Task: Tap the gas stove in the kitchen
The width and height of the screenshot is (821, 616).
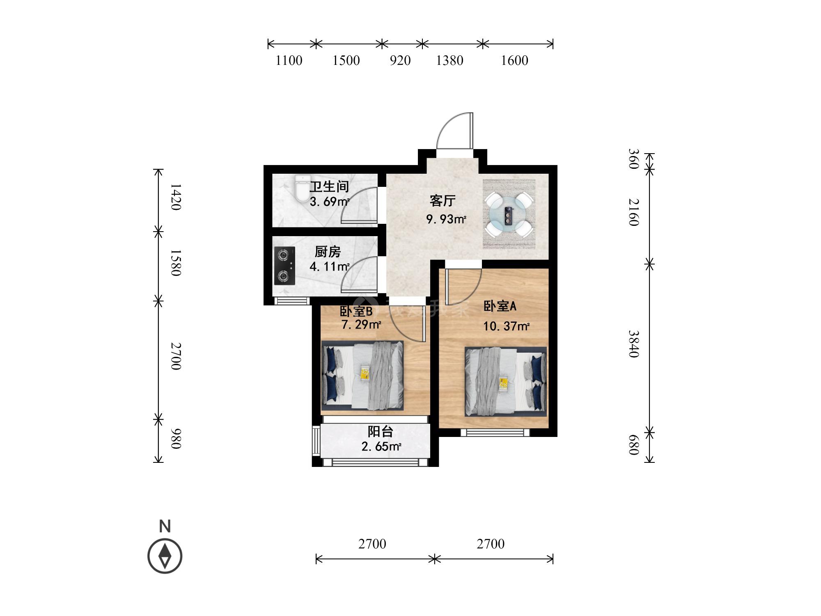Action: coord(284,266)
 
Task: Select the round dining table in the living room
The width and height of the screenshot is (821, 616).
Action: coord(509,214)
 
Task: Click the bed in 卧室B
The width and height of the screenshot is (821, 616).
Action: coord(362,376)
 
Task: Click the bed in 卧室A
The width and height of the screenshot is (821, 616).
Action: coord(506,382)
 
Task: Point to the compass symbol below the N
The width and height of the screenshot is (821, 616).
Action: coord(165,556)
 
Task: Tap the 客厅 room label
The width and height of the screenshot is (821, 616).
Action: coord(443,201)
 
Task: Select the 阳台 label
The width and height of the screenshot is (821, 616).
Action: coord(380,432)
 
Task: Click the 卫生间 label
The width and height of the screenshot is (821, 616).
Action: coord(329,187)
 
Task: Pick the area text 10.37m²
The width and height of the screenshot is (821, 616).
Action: coord(506,326)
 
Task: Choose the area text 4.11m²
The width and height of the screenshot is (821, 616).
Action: coord(329,267)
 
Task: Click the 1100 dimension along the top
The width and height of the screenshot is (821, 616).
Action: coord(289,61)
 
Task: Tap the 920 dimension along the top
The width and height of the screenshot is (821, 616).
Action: coord(400,61)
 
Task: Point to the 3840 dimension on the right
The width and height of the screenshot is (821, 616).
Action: coord(634,344)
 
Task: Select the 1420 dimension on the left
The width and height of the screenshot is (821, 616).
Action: coord(176,197)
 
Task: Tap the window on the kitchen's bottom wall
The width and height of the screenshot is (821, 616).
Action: coord(292,301)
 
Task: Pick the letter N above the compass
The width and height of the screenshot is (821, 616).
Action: coord(165,526)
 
